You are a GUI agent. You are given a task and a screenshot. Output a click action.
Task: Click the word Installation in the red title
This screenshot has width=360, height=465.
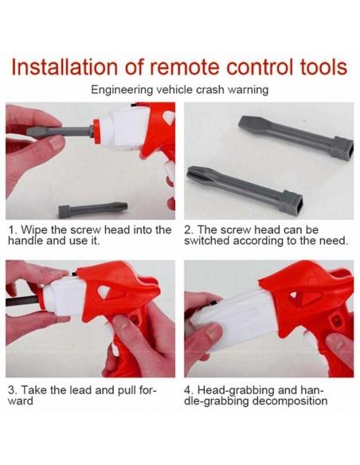[65, 67]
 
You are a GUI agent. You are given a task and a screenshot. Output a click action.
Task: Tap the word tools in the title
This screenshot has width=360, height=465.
[323, 67]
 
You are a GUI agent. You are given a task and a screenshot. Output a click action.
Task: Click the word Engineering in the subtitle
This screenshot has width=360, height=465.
[122, 90]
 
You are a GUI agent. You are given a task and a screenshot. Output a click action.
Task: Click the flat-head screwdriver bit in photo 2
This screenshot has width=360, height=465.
[295, 136]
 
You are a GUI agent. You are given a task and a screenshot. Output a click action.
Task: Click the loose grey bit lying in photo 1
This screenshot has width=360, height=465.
[93, 209]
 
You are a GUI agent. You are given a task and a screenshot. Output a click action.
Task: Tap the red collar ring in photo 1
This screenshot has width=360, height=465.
[96, 131]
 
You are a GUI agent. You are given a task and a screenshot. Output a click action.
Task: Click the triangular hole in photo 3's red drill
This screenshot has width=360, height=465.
[104, 291]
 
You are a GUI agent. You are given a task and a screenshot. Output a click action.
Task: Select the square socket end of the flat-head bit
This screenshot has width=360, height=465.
[342, 148]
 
